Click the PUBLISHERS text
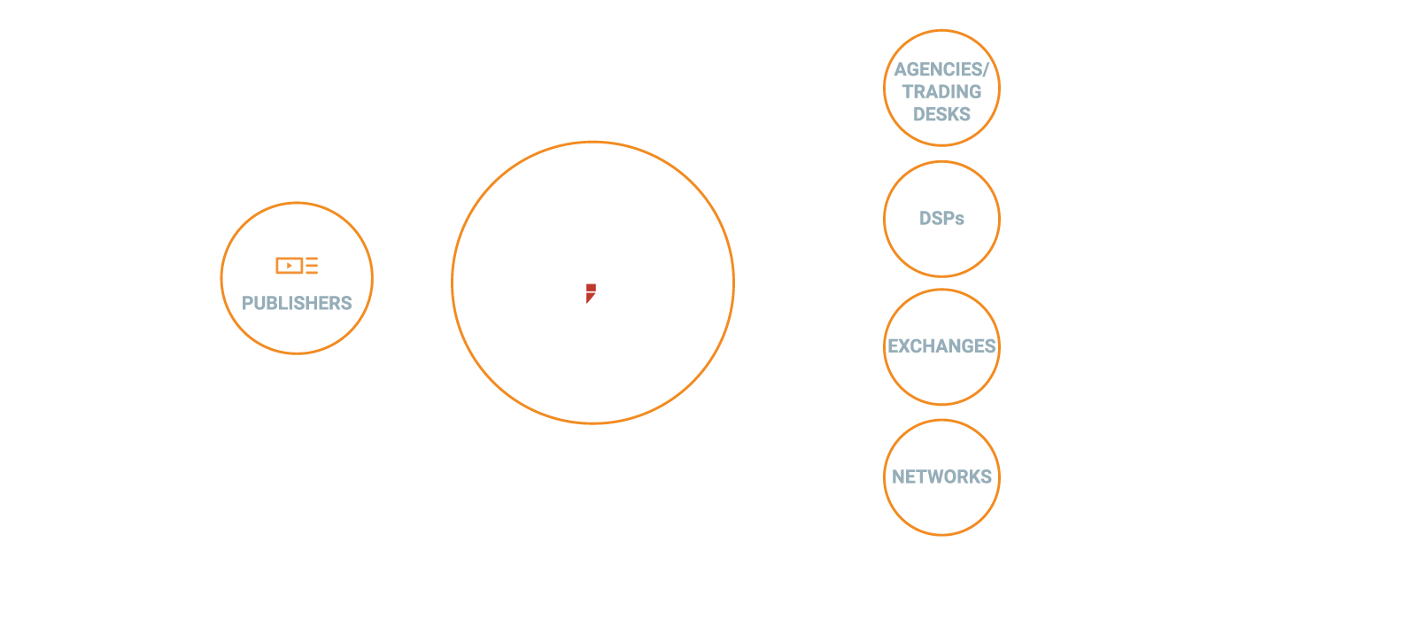pos(297,303)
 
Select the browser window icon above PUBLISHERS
pos(297,260)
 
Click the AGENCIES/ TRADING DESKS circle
pos(941,89)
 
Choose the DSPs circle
pos(941,219)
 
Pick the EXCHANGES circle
pos(941,346)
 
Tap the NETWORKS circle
pos(941,477)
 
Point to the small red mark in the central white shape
pos(590,292)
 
